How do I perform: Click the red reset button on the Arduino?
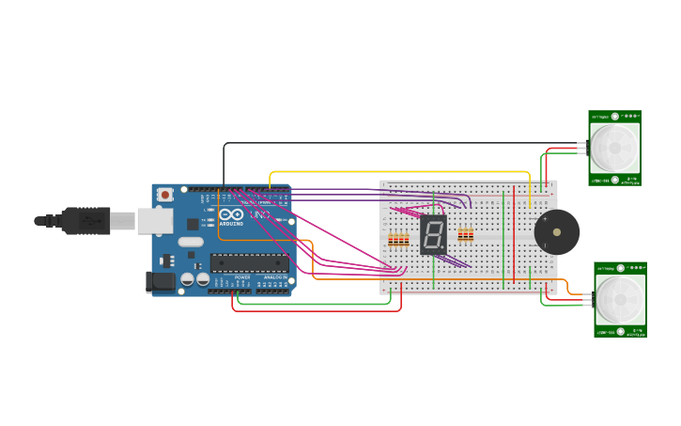pos(165,195)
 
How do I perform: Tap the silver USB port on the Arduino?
pos(154,221)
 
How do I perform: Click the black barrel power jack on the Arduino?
pos(160,281)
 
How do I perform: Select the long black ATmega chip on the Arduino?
pos(249,262)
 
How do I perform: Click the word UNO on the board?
pos(259,215)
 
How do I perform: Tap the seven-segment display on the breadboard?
pos(433,234)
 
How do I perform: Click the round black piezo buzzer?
pos(556,231)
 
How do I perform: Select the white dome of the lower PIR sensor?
pos(621,298)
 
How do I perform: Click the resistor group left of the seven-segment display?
pos(399,240)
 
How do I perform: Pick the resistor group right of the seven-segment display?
pos(466,234)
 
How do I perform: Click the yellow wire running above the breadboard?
pos(395,172)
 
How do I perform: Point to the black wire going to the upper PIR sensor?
pos(376,143)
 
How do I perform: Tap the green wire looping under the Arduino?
pos(310,304)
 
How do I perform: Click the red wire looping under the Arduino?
pos(310,310)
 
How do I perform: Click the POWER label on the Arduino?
pos(241,277)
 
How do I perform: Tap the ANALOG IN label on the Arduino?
pos(274,277)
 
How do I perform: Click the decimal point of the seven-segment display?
pos(442,247)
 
